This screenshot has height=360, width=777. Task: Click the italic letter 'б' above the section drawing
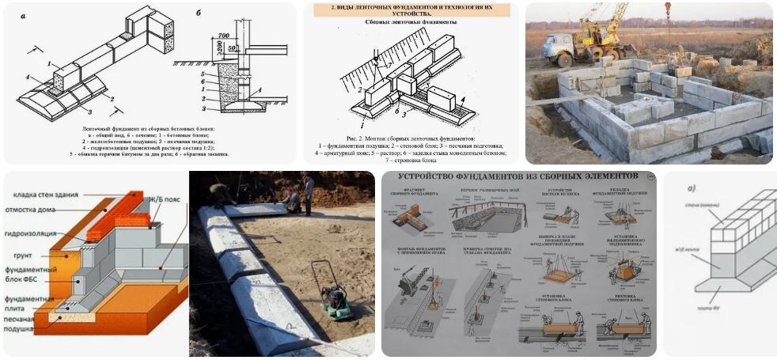point(198,13)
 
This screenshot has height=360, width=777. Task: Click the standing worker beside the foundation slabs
point(308,194)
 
